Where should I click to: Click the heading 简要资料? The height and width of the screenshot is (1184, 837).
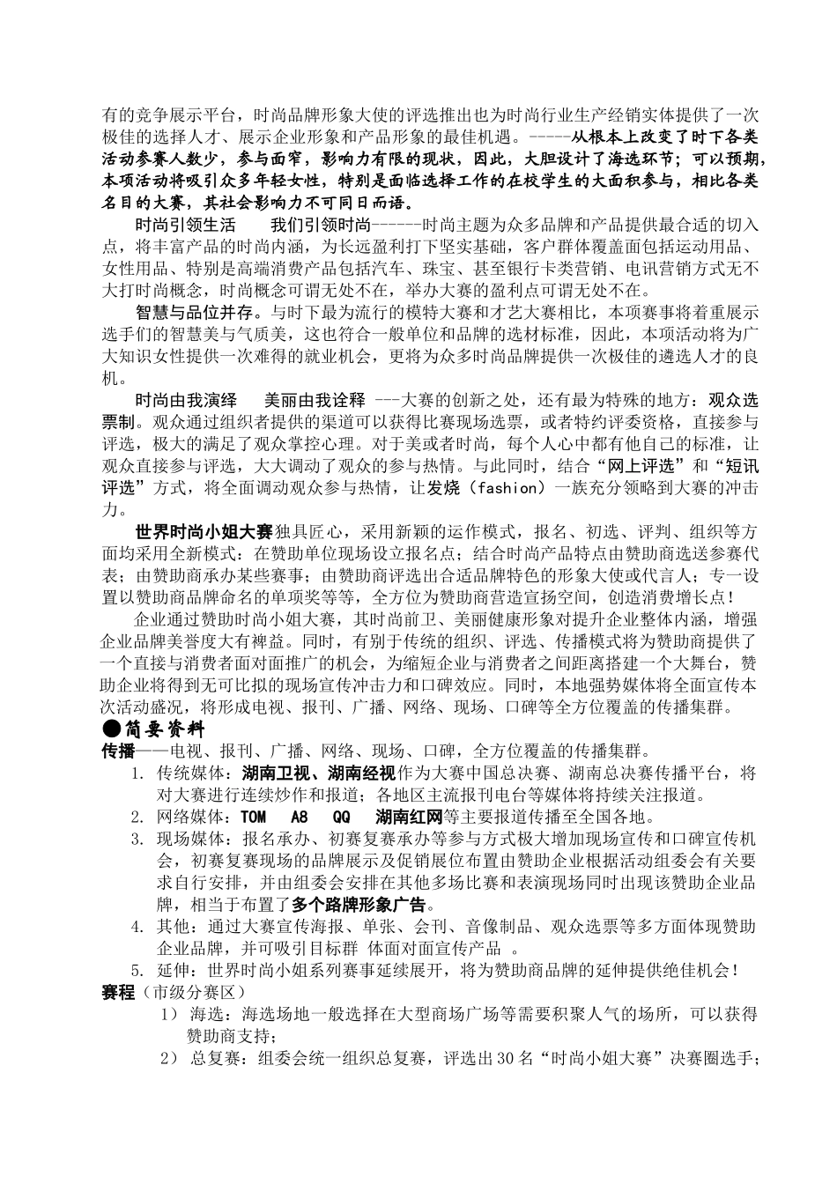[x=164, y=729]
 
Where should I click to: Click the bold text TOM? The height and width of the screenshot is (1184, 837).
[x=253, y=817]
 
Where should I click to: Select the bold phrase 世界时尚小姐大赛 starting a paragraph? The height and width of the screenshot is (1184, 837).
[x=204, y=532]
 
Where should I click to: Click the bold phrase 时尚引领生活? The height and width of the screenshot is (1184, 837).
[x=185, y=224]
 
